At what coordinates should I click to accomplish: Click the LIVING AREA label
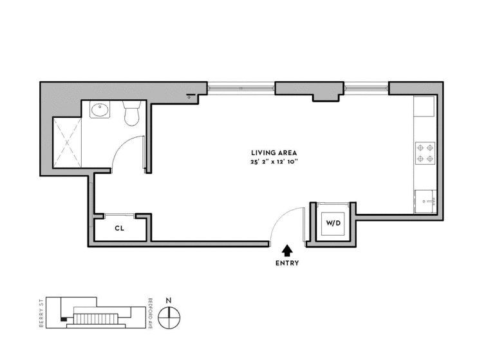(274, 153)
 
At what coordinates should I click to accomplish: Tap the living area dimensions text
(274, 162)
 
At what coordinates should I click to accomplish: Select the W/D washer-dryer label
(333, 223)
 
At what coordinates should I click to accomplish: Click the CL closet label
(120, 229)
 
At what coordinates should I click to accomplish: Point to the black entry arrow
(287, 251)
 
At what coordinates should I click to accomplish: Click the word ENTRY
(287, 263)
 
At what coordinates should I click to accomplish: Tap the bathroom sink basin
(100, 109)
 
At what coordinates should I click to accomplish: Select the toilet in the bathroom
(132, 113)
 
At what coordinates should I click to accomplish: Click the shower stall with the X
(67, 142)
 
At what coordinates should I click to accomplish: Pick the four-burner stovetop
(425, 153)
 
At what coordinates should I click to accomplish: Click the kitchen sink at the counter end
(426, 202)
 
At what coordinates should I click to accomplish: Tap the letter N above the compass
(169, 300)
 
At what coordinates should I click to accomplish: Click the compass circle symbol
(169, 317)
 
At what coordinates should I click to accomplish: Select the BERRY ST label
(41, 313)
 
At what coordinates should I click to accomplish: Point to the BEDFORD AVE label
(150, 313)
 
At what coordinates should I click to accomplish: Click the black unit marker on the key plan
(64, 319)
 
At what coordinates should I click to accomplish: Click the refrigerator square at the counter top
(424, 106)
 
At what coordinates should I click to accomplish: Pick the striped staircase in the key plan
(96, 319)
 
